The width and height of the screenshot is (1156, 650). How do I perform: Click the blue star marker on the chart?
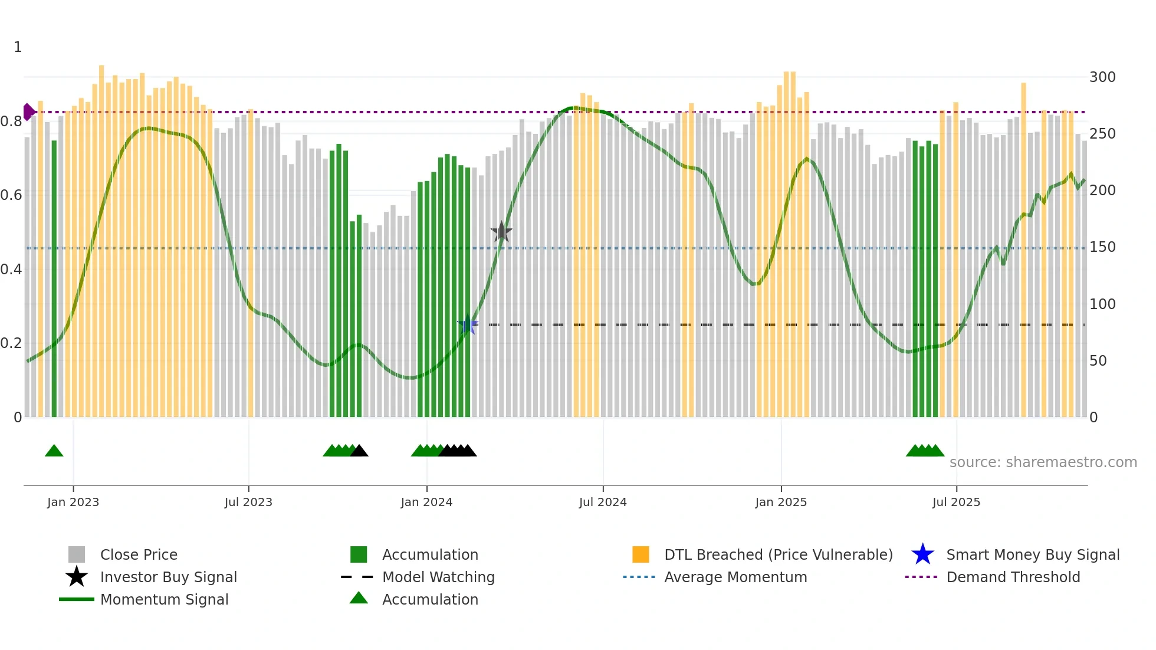(x=468, y=324)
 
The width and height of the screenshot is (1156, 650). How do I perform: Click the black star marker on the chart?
(x=501, y=232)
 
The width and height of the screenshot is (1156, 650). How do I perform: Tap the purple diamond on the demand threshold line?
(x=28, y=111)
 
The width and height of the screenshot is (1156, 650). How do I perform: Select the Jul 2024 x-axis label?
(x=603, y=502)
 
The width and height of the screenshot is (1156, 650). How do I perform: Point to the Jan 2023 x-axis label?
(x=73, y=502)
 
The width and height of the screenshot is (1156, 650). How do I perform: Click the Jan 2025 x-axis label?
(x=781, y=502)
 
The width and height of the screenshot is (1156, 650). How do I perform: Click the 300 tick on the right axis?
(x=1102, y=77)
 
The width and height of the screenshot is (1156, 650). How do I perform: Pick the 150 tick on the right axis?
(x=1102, y=247)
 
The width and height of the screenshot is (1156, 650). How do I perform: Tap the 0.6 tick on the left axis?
(x=11, y=195)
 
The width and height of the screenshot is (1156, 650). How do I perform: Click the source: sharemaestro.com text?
(x=1043, y=462)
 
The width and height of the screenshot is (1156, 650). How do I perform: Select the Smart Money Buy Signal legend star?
(x=922, y=554)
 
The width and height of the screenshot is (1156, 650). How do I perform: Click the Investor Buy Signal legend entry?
(x=168, y=577)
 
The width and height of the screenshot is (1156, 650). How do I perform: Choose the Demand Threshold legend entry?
(x=1013, y=577)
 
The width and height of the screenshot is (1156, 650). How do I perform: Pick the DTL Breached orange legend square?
(x=641, y=554)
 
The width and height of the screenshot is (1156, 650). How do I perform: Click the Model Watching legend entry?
(x=438, y=577)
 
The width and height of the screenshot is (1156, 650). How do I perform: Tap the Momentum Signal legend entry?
(x=164, y=599)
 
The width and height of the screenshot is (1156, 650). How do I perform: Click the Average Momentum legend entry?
(x=735, y=577)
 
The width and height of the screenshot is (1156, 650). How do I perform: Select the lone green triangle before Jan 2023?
(x=54, y=451)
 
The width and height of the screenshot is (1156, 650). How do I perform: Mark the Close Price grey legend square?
(x=77, y=554)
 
